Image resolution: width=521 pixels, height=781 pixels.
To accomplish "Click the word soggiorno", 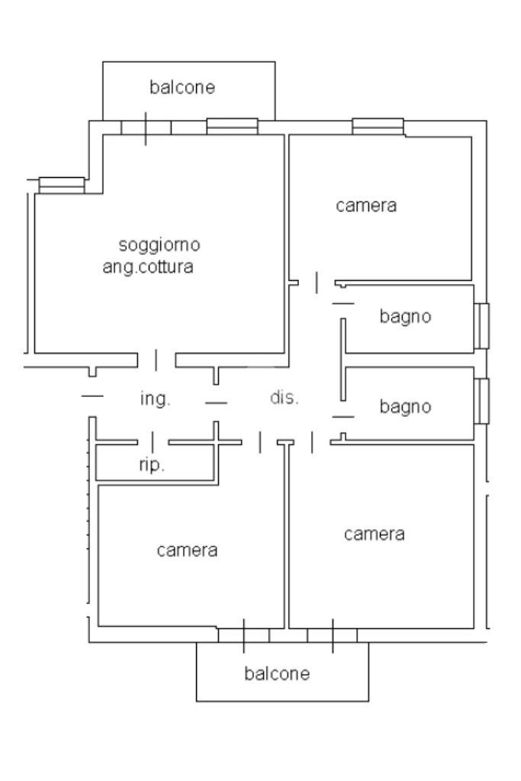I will click(x=159, y=245).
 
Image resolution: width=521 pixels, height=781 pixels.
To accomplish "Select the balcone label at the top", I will click(x=182, y=87).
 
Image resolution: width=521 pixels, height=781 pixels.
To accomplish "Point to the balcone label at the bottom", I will click(x=277, y=673).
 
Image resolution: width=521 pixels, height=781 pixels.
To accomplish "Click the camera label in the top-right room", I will click(x=366, y=205).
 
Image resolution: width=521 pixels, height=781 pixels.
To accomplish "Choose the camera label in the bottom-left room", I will click(x=188, y=550).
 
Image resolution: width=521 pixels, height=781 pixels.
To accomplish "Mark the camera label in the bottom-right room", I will click(x=374, y=534).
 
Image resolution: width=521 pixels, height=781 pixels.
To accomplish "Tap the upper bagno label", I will click(x=405, y=316).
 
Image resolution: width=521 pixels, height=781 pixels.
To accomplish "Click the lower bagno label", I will click(x=405, y=407).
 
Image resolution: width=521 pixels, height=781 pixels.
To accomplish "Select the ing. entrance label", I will click(x=155, y=399).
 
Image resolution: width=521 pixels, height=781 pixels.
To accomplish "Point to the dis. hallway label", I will click(x=285, y=398).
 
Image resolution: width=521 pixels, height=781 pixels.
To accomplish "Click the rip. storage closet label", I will click(x=152, y=466).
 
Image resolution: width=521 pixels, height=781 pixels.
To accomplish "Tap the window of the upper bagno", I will click(x=481, y=326).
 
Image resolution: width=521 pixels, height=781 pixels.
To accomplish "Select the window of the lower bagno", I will click(x=481, y=401).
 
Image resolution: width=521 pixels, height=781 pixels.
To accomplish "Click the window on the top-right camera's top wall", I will click(x=378, y=126).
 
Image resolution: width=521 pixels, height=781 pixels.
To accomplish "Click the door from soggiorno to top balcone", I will click(x=146, y=127).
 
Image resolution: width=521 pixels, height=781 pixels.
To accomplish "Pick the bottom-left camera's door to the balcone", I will click(x=243, y=635).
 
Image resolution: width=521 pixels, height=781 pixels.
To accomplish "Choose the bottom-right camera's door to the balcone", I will click(x=333, y=635).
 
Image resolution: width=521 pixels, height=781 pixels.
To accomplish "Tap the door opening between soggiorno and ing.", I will click(x=156, y=359).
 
